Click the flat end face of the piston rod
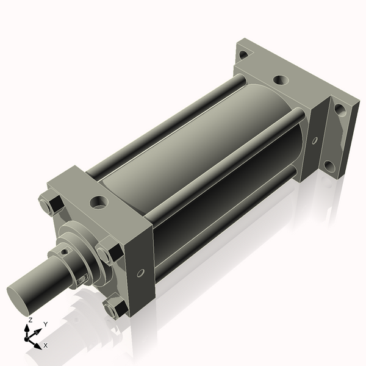pyautogui.click(x=17, y=300)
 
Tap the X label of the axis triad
pyautogui.click(x=46, y=345)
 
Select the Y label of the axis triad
pyautogui.click(x=46, y=325)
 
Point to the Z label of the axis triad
pyautogui.click(x=30, y=320)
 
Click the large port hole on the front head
pyautogui.click(x=99, y=203)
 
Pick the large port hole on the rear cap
pyautogui.click(x=281, y=81)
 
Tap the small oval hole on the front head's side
pyautogui.click(x=140, y=273)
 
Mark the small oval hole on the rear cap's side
pyautogui.click(x=315, y=140)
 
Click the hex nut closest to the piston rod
pyautogui.click(x=110, y=251)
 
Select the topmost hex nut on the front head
pyautogui.click(x=51, y=205)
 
